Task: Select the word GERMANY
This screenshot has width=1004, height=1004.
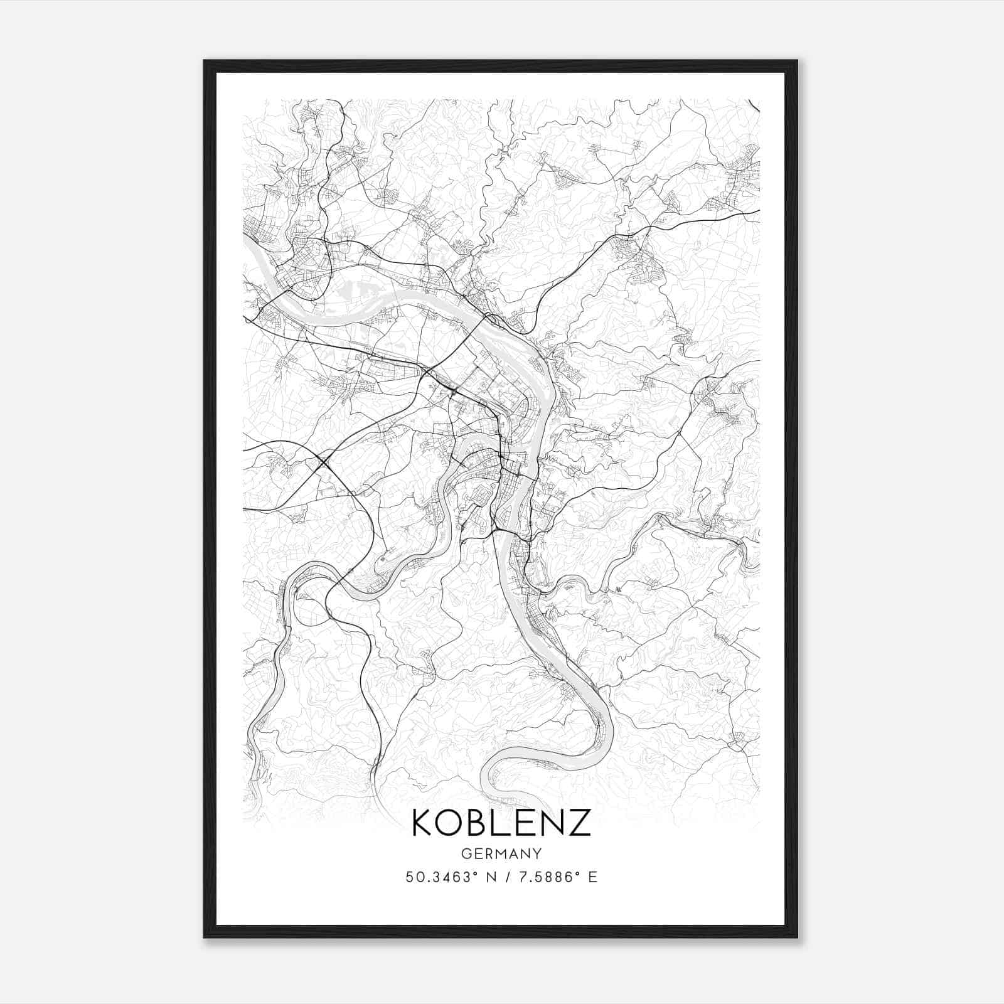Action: pyautogui.click(x=501, y=853)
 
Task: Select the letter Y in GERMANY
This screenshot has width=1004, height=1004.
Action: pyautogui.click(x=537, y=853)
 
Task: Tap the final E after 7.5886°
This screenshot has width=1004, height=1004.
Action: pyautogui.click(x=593, y=877)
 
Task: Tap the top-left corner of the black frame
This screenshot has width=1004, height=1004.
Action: pyautogui.click(x=205, y=61)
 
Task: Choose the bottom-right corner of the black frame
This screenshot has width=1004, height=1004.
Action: pyautogui.click(x=797, y=937)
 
